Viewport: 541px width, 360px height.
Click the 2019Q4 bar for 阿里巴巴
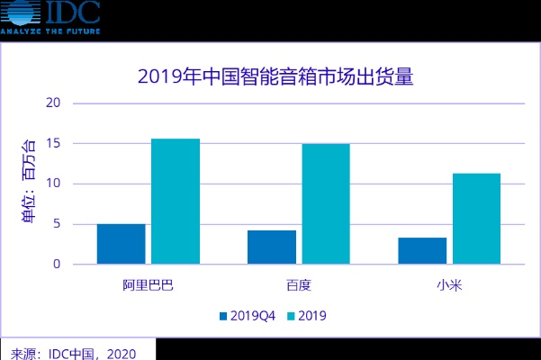point(122,244)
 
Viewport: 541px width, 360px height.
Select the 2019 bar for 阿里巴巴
point(176,202)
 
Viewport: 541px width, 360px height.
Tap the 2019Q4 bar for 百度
point(272,247)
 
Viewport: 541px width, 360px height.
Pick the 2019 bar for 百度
point(326,204)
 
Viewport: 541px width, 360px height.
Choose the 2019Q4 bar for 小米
point(422,251)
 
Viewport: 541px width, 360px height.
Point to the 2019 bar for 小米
point(476,219)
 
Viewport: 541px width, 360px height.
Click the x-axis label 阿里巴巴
point(149,286)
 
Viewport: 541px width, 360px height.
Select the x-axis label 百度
point(299,286)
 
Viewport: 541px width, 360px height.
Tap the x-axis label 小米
point(449,286)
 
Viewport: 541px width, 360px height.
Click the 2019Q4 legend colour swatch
point(224,316)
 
